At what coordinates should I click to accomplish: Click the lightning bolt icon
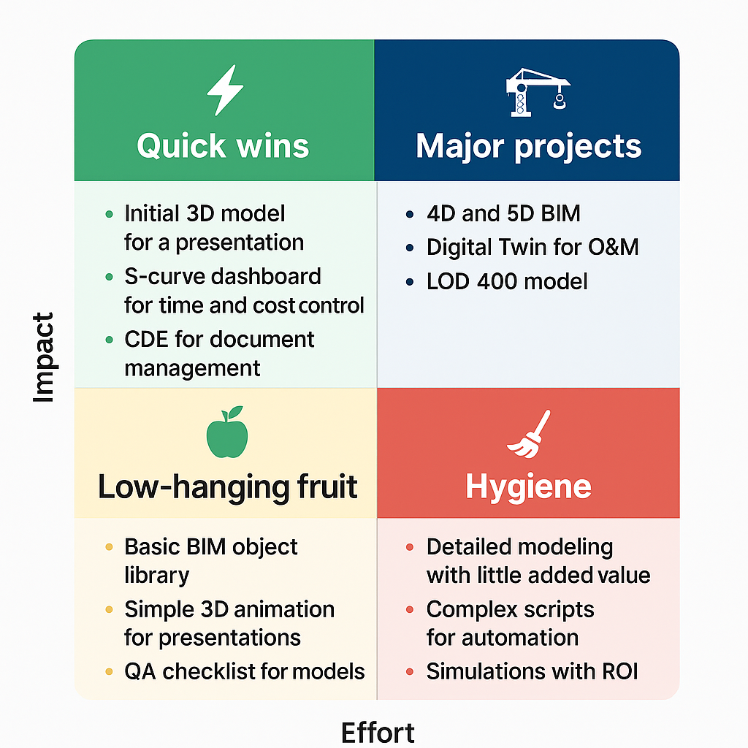225,90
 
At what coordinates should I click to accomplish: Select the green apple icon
227,432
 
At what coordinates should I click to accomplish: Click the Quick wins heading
223,145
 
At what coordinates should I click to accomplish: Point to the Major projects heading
529,146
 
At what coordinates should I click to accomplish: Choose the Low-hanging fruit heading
228,487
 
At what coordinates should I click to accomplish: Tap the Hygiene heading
529,487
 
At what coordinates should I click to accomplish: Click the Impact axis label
43,357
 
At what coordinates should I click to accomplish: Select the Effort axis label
378,732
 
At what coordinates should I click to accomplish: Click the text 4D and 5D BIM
504,213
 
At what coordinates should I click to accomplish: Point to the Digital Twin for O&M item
533,247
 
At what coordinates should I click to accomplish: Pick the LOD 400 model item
507,281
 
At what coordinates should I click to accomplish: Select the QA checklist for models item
244,671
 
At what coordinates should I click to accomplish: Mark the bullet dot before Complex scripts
409,609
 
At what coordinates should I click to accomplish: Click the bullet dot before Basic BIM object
110,546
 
